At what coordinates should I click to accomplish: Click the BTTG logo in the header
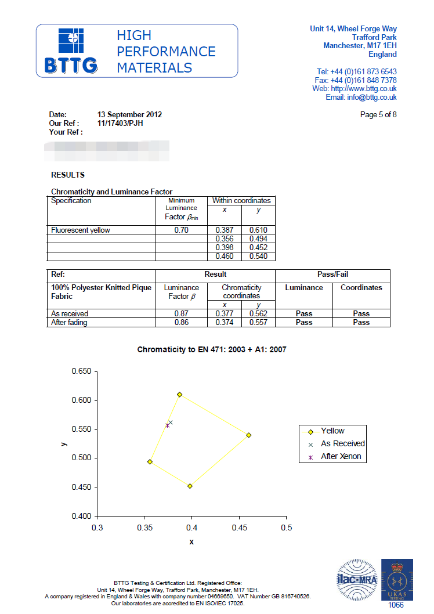pyautogui.click(x=71, y=52)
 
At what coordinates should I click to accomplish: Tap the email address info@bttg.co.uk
pyautogui.click(x=372, y=97)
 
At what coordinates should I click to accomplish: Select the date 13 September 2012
pyautogui.click(x=129, y=115)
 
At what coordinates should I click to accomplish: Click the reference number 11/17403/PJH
pyautogui.click(x=120, y=124)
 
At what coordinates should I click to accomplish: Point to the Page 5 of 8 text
pyautogui.click(x=378, y=115)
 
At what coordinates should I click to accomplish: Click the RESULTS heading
pyautogui.click(x=68, y=175)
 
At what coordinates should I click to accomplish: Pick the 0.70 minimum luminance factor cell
pyautogui.click(x=182, y=230)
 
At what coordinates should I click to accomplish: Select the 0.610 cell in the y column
pyautogui.click(x=258, y=230)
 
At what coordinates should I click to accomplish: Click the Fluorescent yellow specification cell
pyautogui.click(x=81, y=230)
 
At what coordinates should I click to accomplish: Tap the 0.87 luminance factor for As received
pyautogui.click(x=182, y=314)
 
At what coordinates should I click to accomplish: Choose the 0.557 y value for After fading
pyautogui.click(x=258, y=323)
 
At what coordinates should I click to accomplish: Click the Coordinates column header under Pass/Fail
pyautogui.click(x=361, y=288)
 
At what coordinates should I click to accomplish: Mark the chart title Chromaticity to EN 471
pyautogui.click(x=212, y=350)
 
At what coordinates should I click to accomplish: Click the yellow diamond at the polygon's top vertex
pyautogui.click(x=180, y=395)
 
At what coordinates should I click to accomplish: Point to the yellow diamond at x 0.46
pyautogui.click(x=249, y=435)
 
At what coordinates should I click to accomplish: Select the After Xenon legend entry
pyautogui.click(x=341, y=457)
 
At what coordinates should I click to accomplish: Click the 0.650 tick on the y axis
pyautogui.click(x=81, y=371)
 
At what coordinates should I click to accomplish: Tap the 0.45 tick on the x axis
pyautogui.click(x=239, y=528)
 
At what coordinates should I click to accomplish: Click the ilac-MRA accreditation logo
pyautogui.click(x=357, y=579)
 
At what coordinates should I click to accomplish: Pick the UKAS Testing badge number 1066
pyautogui.click(x=396, y=605)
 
